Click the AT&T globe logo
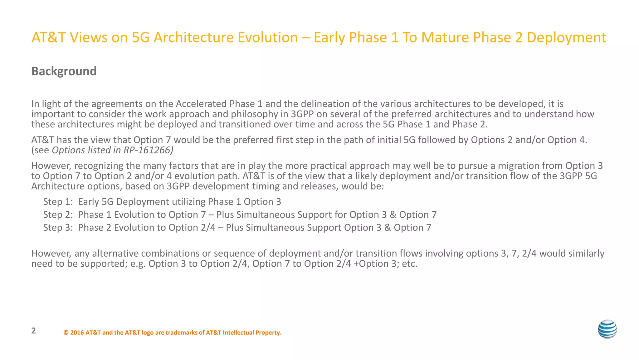click(607, 329)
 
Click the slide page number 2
click(34, 331)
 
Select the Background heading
click(64, 71)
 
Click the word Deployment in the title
click(566, 37)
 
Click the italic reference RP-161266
click(148, 150)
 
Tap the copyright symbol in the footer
click(66, 333)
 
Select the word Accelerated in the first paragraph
click(201, 104)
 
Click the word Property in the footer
click(268, 333)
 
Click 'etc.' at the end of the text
click(409, 264)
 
